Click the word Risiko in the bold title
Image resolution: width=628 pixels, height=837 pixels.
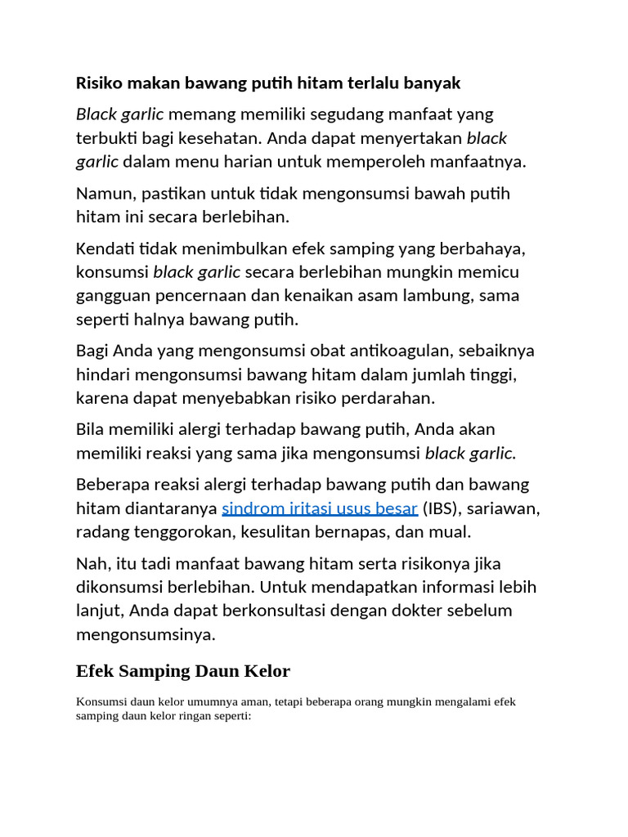click(x=99, y=83)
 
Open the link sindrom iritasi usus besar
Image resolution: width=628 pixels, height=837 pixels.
click(x=320, y=508)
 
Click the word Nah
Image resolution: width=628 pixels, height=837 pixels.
click(x=91, y=563)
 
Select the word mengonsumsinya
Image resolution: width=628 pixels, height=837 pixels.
click(x=146, y=634)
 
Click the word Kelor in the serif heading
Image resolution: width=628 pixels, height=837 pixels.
click(x=266, y=672)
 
